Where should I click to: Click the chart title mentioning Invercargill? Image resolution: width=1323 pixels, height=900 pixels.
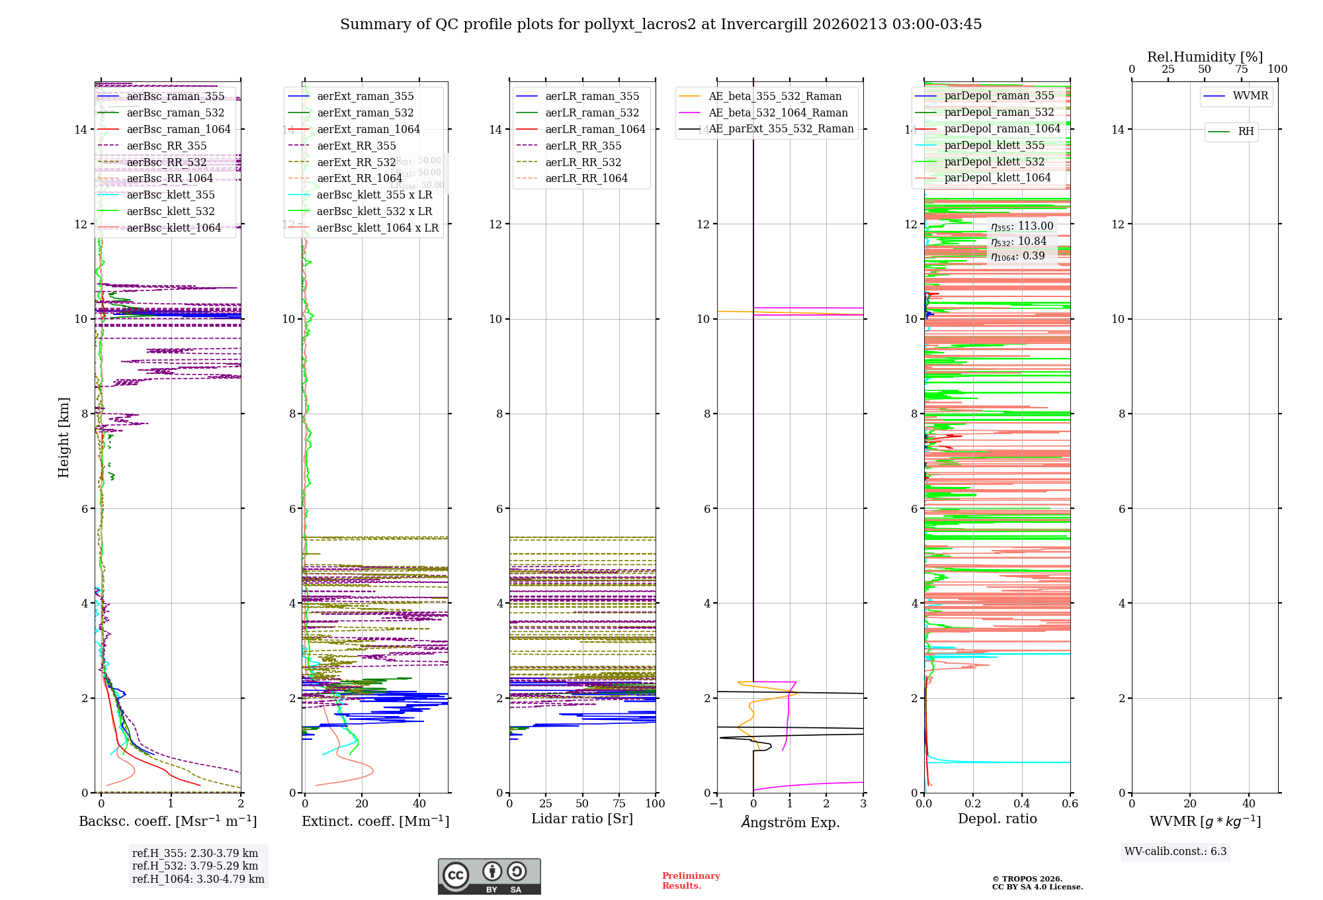pos(660,24)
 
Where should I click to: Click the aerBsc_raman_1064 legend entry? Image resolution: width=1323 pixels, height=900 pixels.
pos(179,130)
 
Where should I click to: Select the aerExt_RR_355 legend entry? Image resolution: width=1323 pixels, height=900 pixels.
pos(356,146)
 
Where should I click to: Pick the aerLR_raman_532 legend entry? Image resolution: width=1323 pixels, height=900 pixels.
pos(592,113)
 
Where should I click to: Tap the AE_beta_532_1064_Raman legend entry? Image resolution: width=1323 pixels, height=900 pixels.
pos(778,113)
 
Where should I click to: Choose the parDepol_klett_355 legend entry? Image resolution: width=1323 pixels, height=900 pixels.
pos(994,146)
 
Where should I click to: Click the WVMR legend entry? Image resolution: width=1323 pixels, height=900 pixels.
pos(1250,96)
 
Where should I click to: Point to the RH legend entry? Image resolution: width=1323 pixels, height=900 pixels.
pos(1246,132)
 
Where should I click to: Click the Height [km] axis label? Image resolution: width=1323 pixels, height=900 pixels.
pos(64,437)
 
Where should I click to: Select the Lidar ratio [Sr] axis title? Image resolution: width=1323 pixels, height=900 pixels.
pos(582,819)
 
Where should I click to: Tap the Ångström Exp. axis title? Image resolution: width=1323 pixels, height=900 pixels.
pos(790,823)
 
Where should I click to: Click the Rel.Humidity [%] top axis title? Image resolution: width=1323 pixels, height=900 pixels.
pos(1205,57)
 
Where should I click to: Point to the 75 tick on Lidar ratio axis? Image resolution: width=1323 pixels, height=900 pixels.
pos(619,804)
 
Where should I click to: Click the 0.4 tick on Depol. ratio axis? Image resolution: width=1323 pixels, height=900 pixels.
pos(1021,804)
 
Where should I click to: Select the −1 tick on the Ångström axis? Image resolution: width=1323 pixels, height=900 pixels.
pos(716,804)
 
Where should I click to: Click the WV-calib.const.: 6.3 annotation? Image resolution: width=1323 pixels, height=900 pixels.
pos(1175,852)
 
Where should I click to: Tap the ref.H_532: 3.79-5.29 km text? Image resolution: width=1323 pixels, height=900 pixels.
pos(195,866)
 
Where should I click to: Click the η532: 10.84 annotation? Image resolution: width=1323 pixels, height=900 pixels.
pos(1019,242)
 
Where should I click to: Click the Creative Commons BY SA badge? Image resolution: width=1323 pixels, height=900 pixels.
pos(489,877)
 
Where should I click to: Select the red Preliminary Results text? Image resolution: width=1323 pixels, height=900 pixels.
pos(691,881)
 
